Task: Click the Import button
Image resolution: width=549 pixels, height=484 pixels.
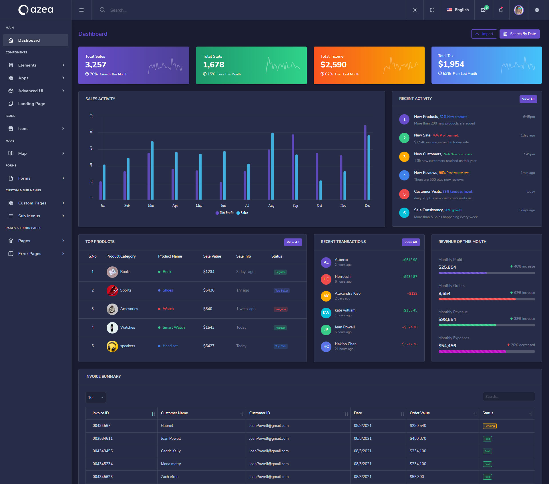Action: [484, 34]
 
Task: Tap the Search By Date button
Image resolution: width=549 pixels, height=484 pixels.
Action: [520, 34]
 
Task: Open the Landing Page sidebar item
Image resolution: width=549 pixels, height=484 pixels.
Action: [31, 104]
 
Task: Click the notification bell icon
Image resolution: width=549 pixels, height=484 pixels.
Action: [500, 10]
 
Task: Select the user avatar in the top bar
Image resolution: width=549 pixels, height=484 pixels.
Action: [518, 10]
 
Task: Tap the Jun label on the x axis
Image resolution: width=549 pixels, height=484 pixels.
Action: [223, 206]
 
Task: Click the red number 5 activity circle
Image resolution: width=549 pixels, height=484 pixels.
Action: [404, 194]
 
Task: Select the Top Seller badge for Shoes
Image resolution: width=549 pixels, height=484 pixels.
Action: [282, 291]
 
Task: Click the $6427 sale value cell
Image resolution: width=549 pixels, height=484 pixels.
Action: [209, 346]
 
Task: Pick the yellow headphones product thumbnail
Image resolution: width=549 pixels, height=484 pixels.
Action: [112, 346]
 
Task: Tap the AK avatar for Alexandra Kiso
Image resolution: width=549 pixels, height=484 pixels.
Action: [326, 296]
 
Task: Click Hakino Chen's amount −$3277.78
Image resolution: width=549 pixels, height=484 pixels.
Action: [409, 344]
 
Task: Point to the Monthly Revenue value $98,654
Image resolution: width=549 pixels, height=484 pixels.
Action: [447, 320]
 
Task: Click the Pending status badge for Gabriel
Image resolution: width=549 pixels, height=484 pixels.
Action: [490, 426]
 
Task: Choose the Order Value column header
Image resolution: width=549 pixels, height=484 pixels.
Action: [420, 413]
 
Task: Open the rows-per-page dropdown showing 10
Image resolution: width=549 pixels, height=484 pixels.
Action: [96, 397]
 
